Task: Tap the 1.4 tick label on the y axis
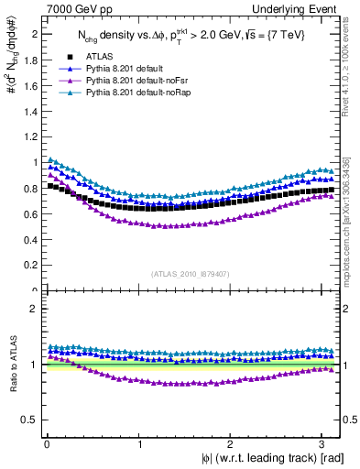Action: pos(28,111)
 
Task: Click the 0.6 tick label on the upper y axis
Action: pos(28,214)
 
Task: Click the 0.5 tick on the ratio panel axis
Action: pos(28,420)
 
